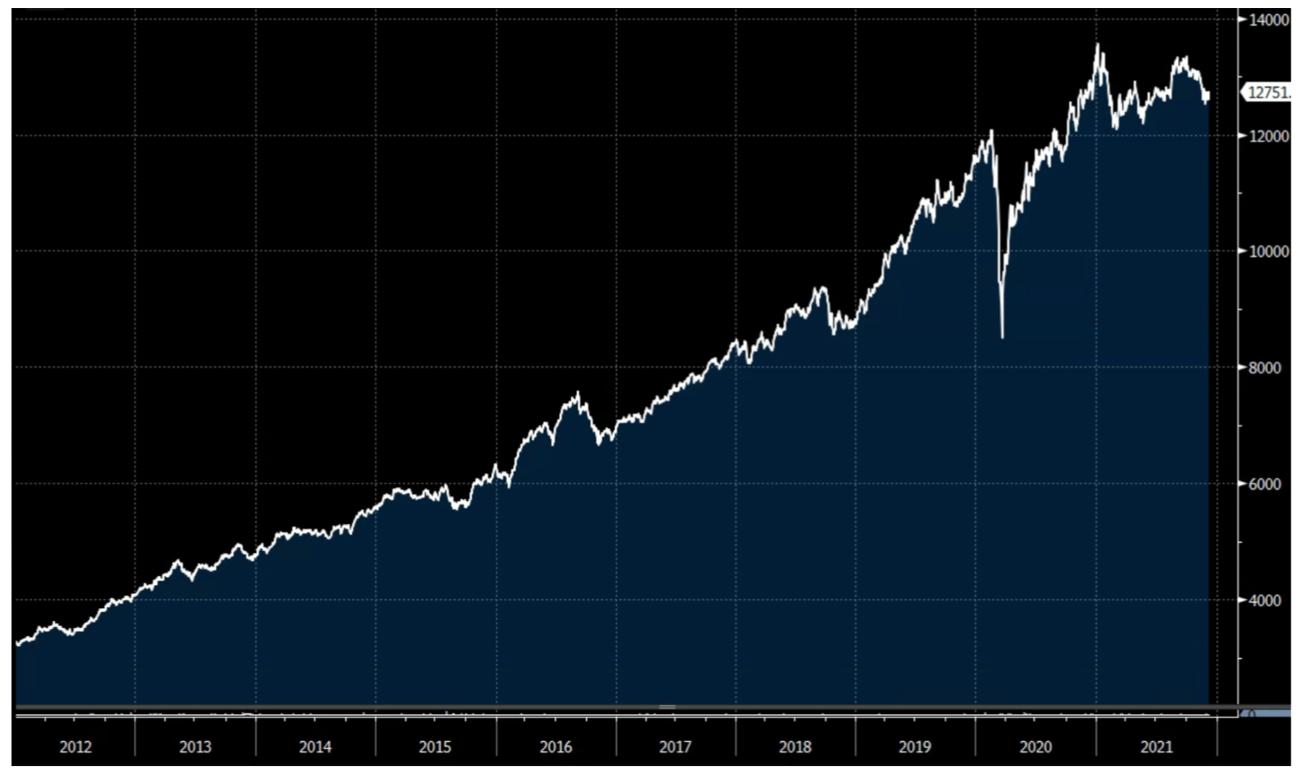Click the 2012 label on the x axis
point(76,747)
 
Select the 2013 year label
point(195,747)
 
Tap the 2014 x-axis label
point(315,747)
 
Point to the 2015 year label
point(434,747)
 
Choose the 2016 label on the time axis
point(556,747)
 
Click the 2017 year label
point(675,747)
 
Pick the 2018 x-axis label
point(795,747)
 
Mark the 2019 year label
point(914,747)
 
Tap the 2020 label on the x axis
point(1036,747)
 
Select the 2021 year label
point(1157,747)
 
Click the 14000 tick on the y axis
point(1269,20)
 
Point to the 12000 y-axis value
point(1269,136)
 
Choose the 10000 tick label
point(1269,251)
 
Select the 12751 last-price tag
point(1268,93)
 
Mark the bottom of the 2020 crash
point(1002,337)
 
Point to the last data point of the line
point(1209,95)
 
